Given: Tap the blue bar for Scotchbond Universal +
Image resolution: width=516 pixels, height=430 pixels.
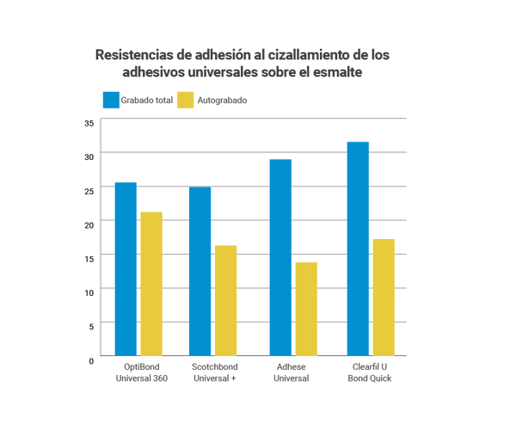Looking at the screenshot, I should click(200, 272).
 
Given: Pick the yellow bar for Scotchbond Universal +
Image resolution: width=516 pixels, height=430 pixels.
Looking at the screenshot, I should click(226, 301).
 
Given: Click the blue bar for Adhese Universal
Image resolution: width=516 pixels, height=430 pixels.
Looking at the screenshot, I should click(280, 258).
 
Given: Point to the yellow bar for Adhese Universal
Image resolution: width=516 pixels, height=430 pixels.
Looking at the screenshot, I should click(306, 309).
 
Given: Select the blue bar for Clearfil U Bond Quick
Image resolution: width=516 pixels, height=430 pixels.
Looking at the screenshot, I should click(358, 249).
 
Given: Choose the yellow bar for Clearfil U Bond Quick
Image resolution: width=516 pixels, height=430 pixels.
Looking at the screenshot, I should click(384, 298).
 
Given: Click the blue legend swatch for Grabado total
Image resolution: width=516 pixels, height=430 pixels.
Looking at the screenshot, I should click(111, 100).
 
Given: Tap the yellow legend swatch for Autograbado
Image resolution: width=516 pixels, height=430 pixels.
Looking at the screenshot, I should click(185, 100).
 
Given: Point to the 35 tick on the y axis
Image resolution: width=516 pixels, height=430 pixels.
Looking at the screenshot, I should click(89, 123).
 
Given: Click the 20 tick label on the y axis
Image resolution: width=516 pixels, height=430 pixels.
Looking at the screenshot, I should click(89, 222).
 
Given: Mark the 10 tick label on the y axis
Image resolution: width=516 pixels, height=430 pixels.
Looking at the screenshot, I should click(89, 292).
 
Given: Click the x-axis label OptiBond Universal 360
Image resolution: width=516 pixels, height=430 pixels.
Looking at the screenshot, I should click(139, 372).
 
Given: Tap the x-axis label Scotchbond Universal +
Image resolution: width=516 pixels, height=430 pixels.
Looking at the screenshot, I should click(213, 372).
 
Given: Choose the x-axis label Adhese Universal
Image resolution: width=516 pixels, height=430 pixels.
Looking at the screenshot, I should click(292, 372).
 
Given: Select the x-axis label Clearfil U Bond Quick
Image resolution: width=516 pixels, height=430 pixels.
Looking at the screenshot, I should click(371, 372).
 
